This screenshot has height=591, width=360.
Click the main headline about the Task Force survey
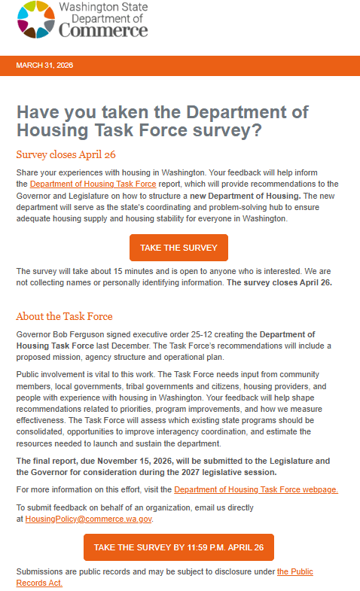pyautogui.click(x=162, y=120)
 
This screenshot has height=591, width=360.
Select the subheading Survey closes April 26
pyautogui.click(x=66, y=154)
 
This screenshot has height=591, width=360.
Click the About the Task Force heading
pyautogui.click(x=64, y=316)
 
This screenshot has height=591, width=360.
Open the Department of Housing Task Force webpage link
pyautogui.click(x=255, y=489)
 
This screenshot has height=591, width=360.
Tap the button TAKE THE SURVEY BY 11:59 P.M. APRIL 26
pyautogui.click(x=178, y=547)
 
